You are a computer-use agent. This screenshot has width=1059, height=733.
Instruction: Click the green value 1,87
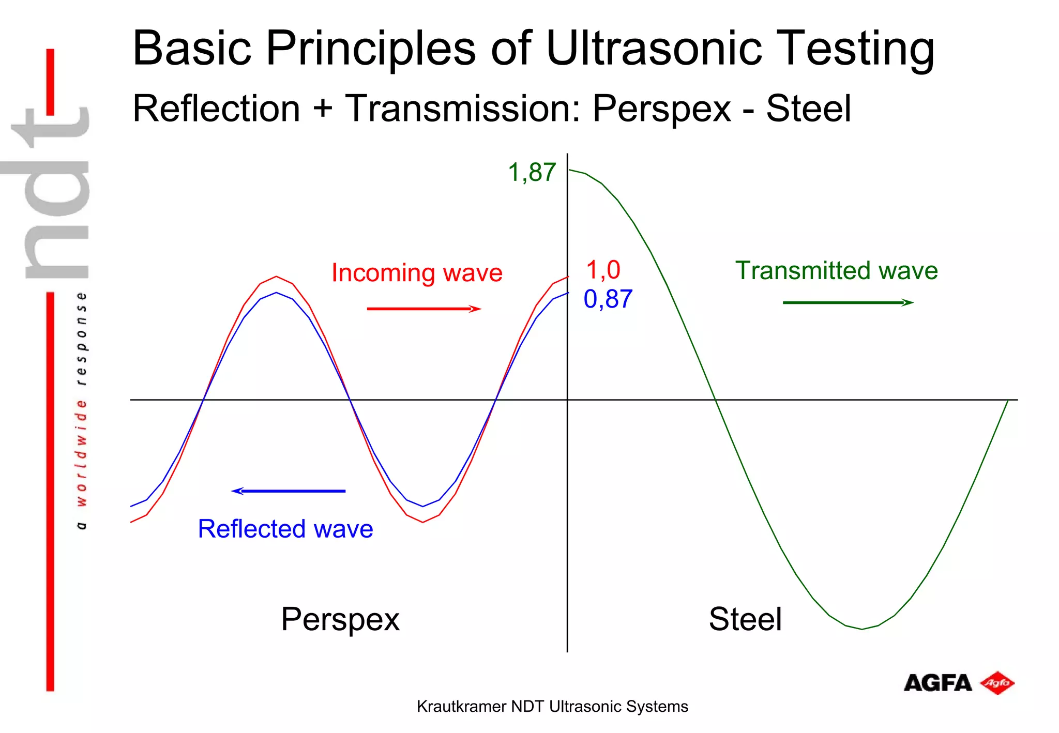tap(532, 172)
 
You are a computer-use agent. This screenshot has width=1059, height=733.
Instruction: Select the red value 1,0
tap(603, 270)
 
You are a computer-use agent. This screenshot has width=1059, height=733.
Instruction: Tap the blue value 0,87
tap(608, 299)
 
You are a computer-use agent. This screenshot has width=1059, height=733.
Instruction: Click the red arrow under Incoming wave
tap(423, 309)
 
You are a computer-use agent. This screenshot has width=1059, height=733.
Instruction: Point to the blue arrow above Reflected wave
tap(289, 491)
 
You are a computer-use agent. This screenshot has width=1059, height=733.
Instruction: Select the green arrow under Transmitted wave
tap(848, 302)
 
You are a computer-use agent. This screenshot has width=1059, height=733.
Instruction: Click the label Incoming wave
tap(417, 272)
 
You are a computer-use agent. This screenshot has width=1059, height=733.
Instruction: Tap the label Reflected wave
tap(285, 529)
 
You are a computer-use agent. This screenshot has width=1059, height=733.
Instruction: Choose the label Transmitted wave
tap(836, 270)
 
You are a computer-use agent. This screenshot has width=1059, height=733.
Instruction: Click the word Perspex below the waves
tap(340, 619)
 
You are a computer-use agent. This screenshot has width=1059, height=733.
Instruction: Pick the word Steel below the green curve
tap(745, 619)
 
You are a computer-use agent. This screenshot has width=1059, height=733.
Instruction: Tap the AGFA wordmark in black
tap(937, 683)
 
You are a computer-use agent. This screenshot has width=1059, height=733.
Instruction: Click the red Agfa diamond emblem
tap(997, 683)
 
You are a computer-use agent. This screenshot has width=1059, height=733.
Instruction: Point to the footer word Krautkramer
tap(461, 706)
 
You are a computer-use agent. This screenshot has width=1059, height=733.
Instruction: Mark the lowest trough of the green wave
tap(861, 629)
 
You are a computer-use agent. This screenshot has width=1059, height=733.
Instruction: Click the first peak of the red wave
tap(276, 277)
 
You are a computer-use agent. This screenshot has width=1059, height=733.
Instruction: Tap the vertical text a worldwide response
tap(81, 410)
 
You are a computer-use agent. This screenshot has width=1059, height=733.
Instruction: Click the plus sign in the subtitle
tap(322, 109)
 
